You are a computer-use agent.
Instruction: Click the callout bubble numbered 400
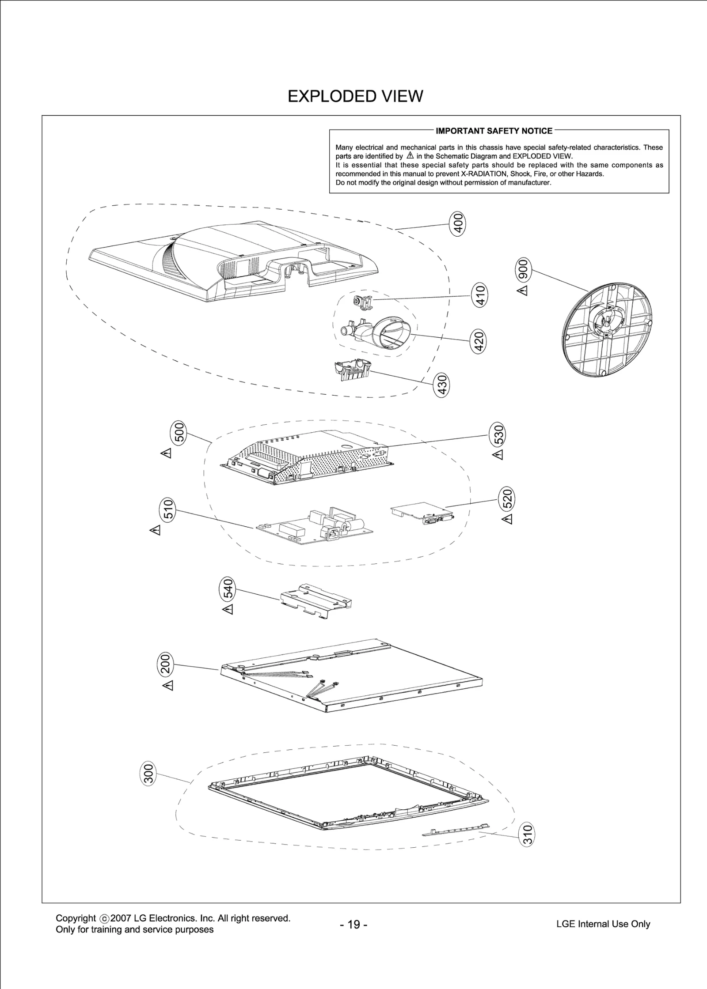[x=458, y=224]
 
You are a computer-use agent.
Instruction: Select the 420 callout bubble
[x=479, y=341]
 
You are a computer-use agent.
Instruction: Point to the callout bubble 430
[x=442, y=385]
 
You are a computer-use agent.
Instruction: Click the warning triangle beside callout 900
[x=523, y=291]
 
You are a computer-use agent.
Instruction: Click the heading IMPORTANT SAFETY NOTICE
[x=494, y=131]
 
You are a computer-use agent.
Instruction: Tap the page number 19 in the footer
[x=353, y=924]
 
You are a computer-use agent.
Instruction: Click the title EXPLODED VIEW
[x=355, y=96]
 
